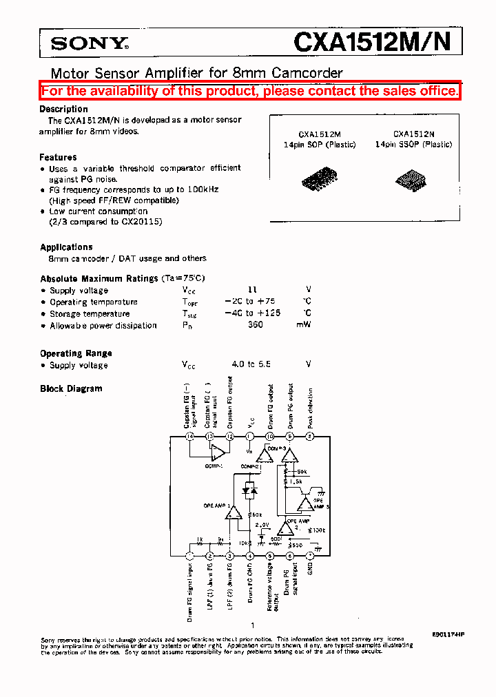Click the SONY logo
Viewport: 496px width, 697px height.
pyautogui.click(x=89, y=45)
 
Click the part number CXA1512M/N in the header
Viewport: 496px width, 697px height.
pyautogui.click(x=372, y=43)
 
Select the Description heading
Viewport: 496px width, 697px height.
pyautogui.click(x=63, y=109)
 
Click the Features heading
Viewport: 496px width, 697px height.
pyautogui.click(x=58, y=157)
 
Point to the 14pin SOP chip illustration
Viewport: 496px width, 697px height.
pyautogui.click(x=319, y=179)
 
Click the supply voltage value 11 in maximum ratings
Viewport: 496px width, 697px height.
pyautogui.click(x=251, y=291)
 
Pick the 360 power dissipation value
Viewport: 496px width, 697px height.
pyautogui.click(x=255, y=325)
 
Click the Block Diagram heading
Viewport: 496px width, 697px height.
pyautogui.click(x=71, y=388)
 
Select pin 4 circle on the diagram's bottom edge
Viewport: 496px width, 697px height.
pyautogui.click(x=249, y=556)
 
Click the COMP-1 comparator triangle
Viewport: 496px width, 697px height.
pyautogui.click(x=218, y=452)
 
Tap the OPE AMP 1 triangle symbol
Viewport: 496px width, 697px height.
pyautogui.click(x=234, y=512)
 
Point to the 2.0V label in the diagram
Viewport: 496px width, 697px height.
pyautogui.click(x=262, y=525)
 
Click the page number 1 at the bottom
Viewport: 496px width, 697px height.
pyautogui.click(x=252, y=625)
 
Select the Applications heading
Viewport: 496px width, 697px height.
pyautogui.click(x=66, y=247)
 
